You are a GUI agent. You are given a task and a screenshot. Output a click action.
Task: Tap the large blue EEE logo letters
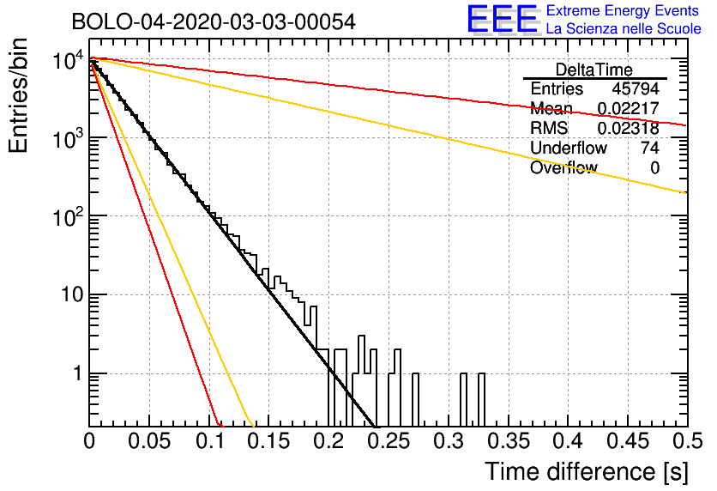[502, 20]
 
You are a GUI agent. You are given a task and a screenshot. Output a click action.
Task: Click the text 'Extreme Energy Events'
[624, 11]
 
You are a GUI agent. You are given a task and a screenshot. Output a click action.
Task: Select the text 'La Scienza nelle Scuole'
[624, 28]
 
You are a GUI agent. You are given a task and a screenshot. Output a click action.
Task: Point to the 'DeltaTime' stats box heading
[594, 70]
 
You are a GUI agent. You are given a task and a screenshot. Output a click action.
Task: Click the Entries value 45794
[636, 89]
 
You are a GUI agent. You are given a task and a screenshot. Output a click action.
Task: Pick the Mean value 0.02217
[628, 109]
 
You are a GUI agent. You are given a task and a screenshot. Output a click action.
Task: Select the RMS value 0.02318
[628, 129]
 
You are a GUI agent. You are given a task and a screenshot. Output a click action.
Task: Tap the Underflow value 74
[649, 149]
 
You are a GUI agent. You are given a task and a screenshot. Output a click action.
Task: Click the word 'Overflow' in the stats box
[563, 168]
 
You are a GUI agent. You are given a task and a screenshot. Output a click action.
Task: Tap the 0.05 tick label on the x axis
[149, 441]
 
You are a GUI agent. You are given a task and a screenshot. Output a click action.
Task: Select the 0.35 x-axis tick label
[508, 441]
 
